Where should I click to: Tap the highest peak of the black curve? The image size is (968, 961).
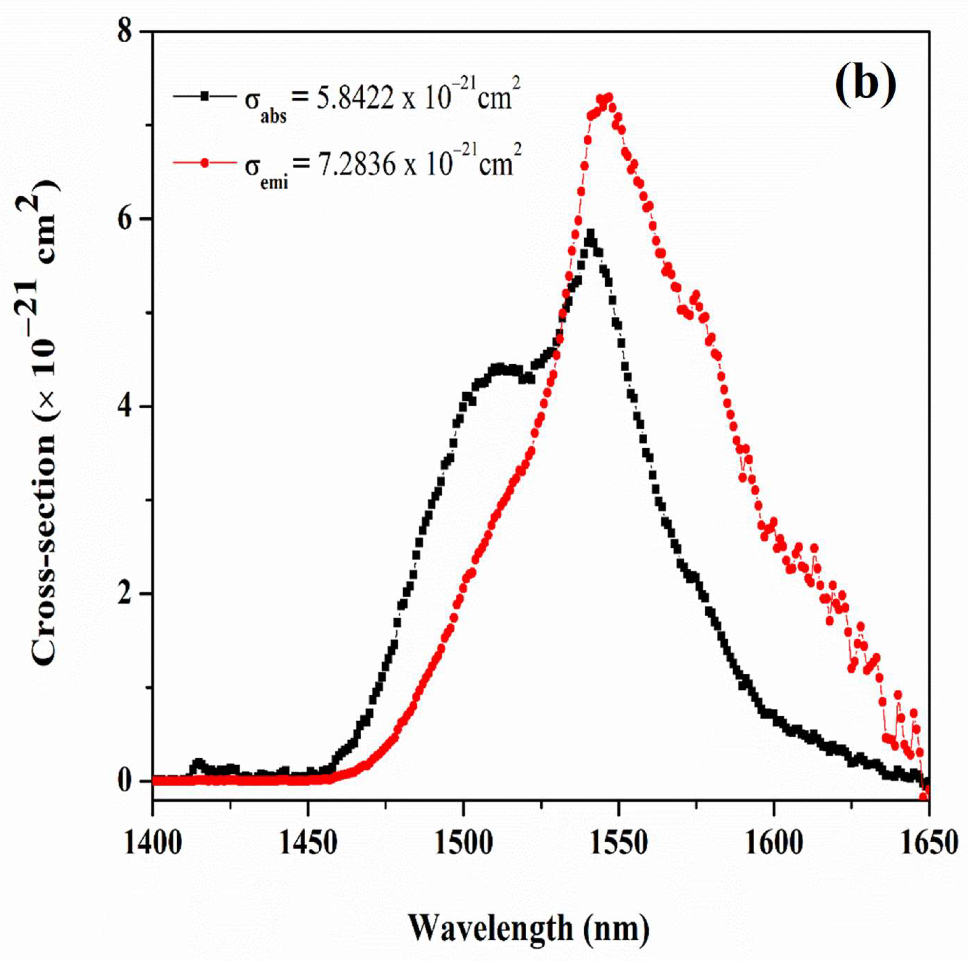[x=590, y=234]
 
